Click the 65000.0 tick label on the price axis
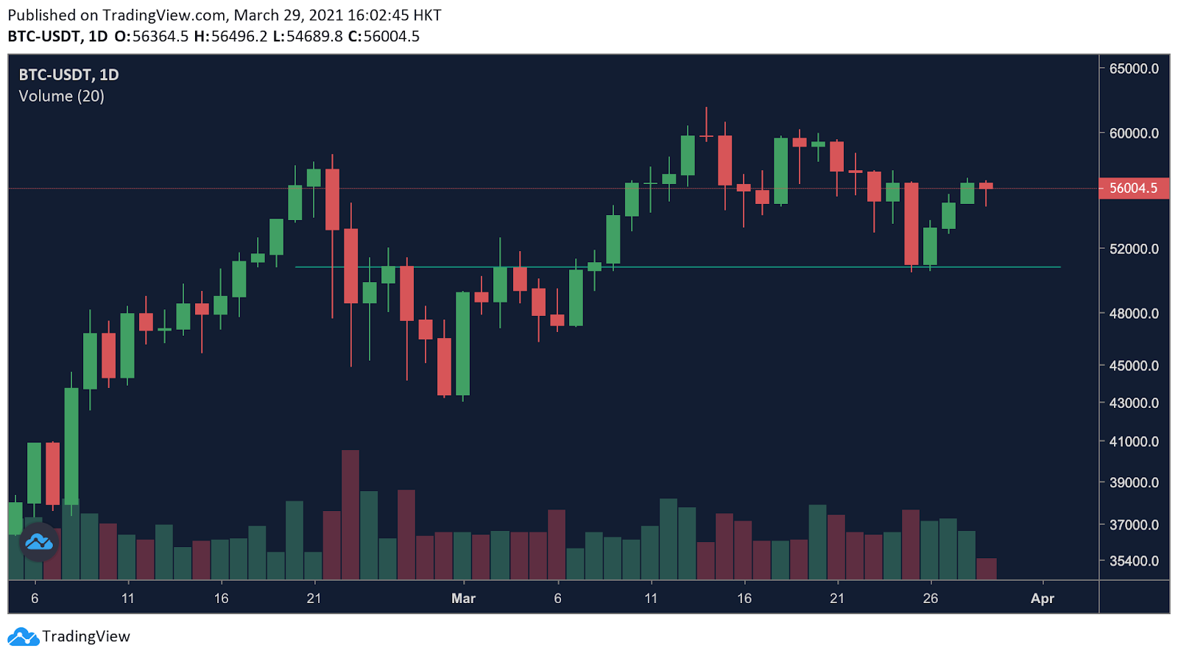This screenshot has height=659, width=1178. click(x=1134, y=68)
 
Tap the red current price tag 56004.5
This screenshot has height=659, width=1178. click(x=1133, y=188)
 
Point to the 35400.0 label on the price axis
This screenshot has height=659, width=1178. click(x=1134, y=561)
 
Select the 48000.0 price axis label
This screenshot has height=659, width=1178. click(x=1134, y=314)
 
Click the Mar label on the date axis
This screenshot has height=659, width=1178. click(x=463, y=599)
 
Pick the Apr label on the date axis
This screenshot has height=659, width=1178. click(x=1043, y=599)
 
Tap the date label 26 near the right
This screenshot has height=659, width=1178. click(x=931, y=599)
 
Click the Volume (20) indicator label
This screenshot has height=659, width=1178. click(x=61, y=96)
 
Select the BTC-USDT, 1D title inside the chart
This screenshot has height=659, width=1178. click(x=68, y=74)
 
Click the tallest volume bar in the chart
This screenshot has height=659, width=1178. click(x=350, y=515)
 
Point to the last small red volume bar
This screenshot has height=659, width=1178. click(x=987, y=568)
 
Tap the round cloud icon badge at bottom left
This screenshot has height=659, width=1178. click(x=39, y=543)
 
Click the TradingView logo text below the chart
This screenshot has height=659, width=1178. click(x=85, y=636)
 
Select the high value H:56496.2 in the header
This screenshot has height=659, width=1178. click(x=230, y=36)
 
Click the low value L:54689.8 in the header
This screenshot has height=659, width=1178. click(x=308, y=36)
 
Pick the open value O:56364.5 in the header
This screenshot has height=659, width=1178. click(x=152, y=36)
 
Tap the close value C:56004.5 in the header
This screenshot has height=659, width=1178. click(x=384, y=36)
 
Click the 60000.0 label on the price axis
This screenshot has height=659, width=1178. click(x=1134, y=133)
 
